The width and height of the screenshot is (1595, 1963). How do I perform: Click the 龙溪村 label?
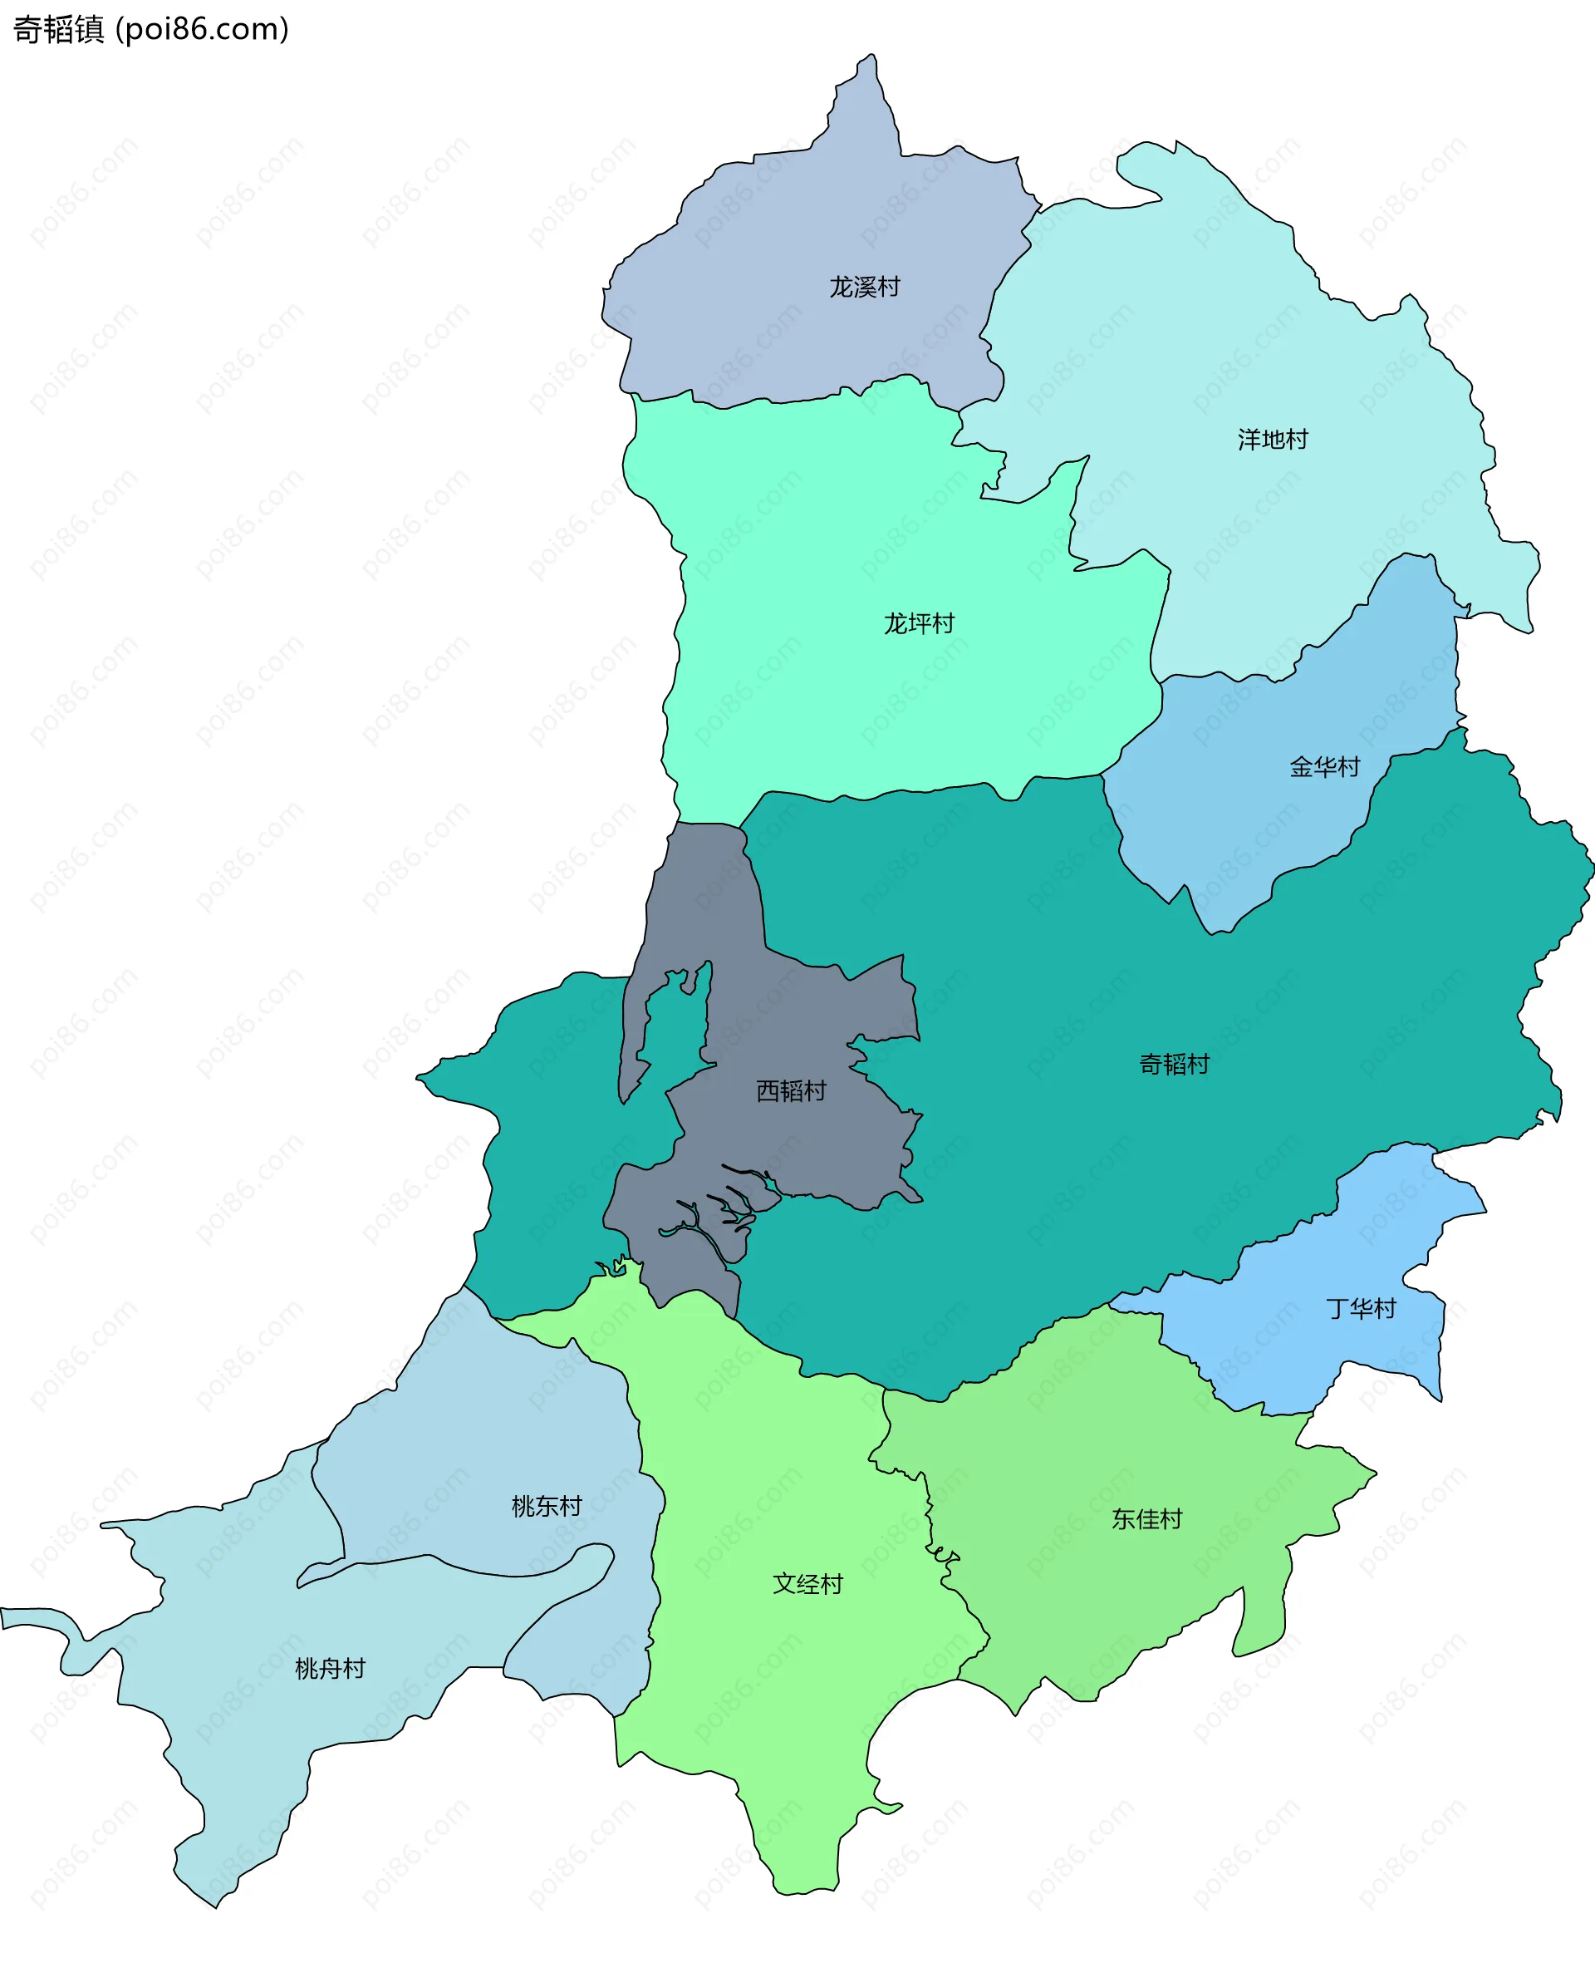click(x=864, y=288)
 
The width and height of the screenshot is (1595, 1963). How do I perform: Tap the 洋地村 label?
click(x=1273, y=440)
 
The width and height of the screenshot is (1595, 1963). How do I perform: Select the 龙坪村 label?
click(x=919, y=624)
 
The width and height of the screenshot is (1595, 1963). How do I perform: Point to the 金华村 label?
click(x=1324, y=767)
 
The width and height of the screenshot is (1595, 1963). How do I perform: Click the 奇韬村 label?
click(x=1174, y=1065)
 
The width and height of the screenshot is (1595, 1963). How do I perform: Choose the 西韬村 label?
click(x=791, y=1091)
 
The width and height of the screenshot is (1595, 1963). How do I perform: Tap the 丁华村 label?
click(x=1361, y=1309)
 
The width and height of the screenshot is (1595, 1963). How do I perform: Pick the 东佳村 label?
click(x=1146, y=1519)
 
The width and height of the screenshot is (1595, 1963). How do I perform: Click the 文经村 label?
click(x=807, y=1584)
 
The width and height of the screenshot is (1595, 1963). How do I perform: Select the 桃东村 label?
click(x=547, y=1506)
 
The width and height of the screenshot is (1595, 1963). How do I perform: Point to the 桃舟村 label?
click(x=330, y=1669)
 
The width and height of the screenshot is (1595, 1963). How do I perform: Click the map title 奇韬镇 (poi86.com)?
click(x=150, y=29)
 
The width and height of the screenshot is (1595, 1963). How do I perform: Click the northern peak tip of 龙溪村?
click(x=871, y=61)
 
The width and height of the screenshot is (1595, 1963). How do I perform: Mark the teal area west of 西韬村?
click(x=552, y=1149)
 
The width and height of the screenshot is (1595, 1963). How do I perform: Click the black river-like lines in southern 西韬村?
click(x=726, y=1213)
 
